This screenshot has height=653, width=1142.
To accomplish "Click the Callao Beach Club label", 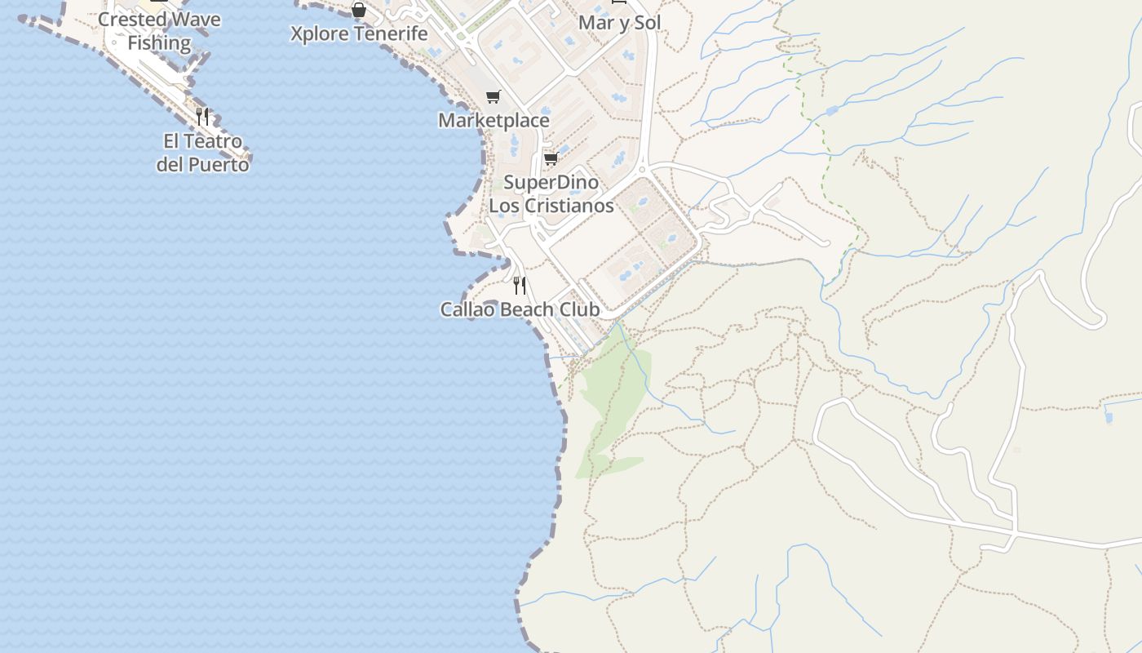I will [520, 309].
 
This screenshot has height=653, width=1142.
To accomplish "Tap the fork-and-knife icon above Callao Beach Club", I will [520, 285].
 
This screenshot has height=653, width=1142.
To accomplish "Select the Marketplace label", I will [494, 120].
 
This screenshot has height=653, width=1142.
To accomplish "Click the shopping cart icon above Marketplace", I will [493, 97].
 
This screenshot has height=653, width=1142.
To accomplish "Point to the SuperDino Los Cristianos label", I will [551, 193].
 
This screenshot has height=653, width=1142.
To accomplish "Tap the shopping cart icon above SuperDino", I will [551, 158].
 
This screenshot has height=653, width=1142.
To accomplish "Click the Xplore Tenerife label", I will [359, 33].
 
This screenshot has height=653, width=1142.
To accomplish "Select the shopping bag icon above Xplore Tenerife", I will [358, 10].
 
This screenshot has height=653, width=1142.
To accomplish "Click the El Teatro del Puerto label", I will [202, 153].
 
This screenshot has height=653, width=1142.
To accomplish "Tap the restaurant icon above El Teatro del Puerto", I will [202, 116].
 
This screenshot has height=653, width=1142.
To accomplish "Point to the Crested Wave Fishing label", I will [159, 31].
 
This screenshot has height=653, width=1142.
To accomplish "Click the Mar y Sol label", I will [619, 22].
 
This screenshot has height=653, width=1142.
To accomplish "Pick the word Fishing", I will [159, 43].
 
